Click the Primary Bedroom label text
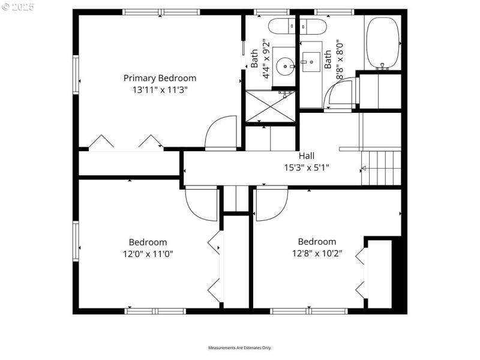pyautogui.click(x=160, y=78)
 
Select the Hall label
pyautogui.click(x=307, y=156)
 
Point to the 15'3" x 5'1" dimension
pyautogui.click(x=307, y=168)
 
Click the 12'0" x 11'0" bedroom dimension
pyautogui.click(x=148, y=253)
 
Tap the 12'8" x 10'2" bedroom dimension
pyautogui.click(x=317, y=253)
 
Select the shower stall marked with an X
pyautogui.click(x=271, y=107)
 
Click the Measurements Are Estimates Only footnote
pyautogui.click(x=240, y=348)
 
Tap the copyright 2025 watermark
pyautogui.click(x=18, y=7)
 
